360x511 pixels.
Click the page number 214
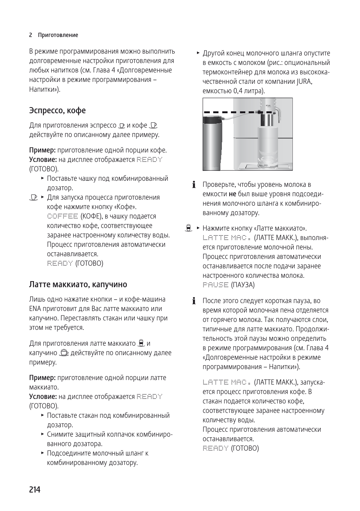(x=35, y=489)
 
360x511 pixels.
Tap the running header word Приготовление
(x=58, y=35)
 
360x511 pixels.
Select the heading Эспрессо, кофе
(x=57, y=111)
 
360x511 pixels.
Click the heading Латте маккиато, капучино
(x=78, y=284)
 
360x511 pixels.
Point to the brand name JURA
(x=304, y=82)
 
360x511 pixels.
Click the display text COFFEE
(x=62, y=216)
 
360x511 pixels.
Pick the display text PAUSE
(x=215, y=285)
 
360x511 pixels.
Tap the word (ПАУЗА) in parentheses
(x=243, y=285)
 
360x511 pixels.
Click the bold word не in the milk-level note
(x=232, y=194)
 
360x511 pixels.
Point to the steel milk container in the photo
(x=213, y=143)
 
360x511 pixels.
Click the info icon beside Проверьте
(x=194, y=185)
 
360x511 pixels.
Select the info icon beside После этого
(x=194, y=301)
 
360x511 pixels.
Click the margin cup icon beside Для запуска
(x=34, y=197)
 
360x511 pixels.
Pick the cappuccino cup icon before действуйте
(x=64, y=353)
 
